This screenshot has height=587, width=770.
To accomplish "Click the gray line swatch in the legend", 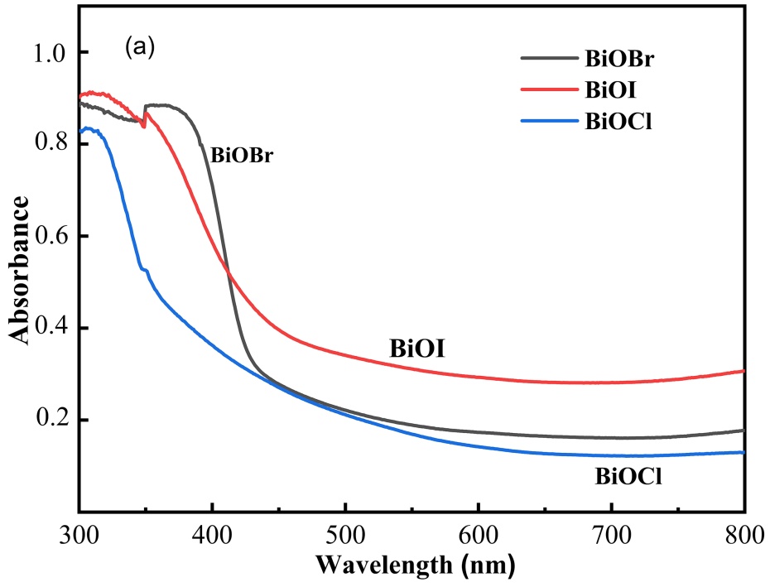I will point(549,58).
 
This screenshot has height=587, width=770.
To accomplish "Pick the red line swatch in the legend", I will point(549,89).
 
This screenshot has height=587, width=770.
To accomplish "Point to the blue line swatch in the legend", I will point(549,121).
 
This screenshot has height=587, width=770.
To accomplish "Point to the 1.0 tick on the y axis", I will point(49,53).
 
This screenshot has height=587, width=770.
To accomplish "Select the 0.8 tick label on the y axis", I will point(49,145).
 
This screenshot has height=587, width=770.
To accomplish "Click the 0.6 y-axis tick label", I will point(49,237).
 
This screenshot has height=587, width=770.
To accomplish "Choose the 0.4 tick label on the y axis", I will point(49,329).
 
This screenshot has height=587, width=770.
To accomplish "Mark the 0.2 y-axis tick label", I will point(49,421).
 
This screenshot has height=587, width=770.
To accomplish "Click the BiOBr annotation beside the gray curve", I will point(242,155).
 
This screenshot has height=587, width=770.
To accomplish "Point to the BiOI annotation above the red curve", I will point(418,349).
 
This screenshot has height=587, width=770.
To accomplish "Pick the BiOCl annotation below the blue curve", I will point(628,477).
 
